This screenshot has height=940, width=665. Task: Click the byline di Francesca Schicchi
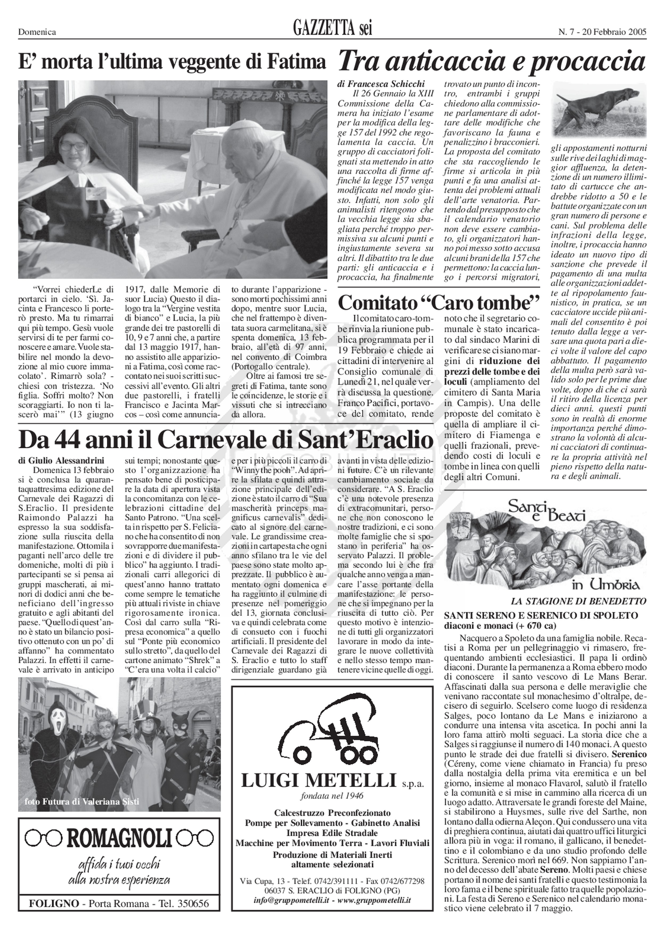(x=381, y=84)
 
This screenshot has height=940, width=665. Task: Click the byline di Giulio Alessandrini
(x=61, y=460)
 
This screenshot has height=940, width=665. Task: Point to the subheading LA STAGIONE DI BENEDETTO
(x=578, y=601)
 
